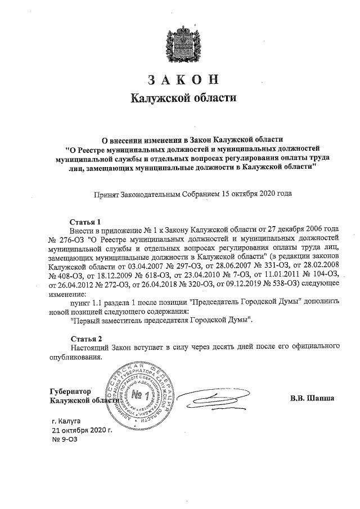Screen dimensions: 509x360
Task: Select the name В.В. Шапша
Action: pos(312,399)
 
